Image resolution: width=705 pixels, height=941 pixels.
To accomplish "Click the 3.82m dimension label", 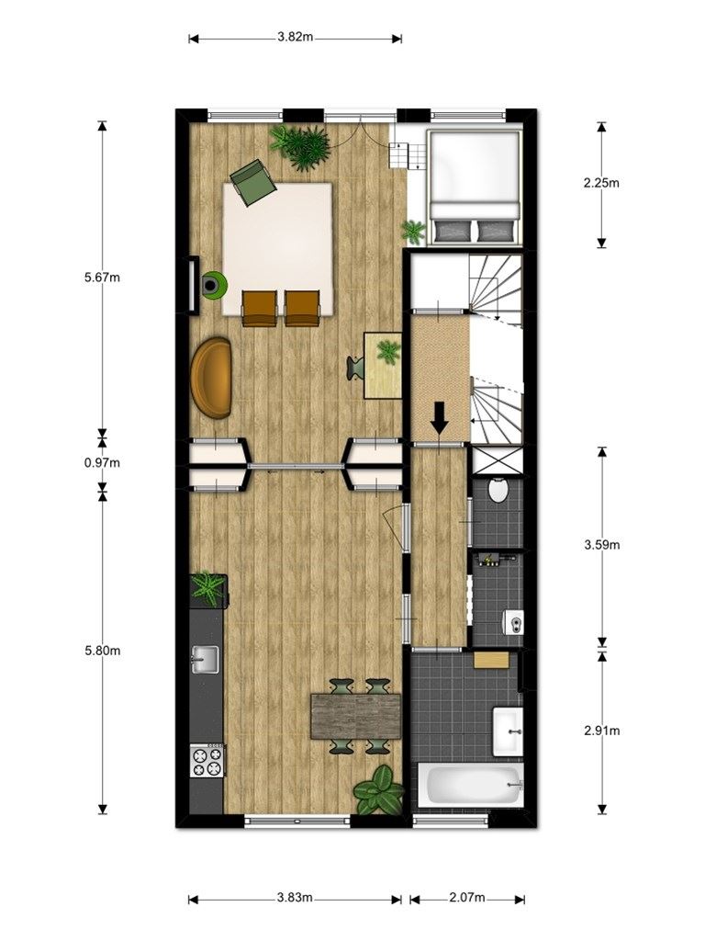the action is [295, 37].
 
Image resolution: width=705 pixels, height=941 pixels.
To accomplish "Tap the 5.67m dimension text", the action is [103, 278].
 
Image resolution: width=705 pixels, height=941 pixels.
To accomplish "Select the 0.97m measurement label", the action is [103, 463].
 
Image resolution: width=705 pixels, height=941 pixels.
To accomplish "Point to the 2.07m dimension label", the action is [467, 898].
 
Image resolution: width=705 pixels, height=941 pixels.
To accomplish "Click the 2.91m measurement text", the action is [602, 731].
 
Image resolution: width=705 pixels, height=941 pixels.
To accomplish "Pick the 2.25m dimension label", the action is [601, 183].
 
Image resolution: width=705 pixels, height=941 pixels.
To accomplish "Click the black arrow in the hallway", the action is [440, 417].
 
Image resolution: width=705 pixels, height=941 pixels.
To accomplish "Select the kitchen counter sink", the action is [205, 660].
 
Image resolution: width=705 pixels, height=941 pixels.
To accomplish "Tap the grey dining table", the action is [356, 716].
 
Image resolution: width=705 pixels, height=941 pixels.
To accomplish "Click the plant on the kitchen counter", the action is [208, 588].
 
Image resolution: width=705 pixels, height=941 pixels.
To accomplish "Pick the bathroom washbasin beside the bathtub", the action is [509, 731].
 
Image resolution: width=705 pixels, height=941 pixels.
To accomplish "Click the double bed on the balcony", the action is [474, 187].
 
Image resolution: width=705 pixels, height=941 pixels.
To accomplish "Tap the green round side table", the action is [212, 284].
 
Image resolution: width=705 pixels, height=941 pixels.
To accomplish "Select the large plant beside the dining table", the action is [379, 790].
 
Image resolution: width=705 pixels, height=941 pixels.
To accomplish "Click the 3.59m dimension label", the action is [602, 545].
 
